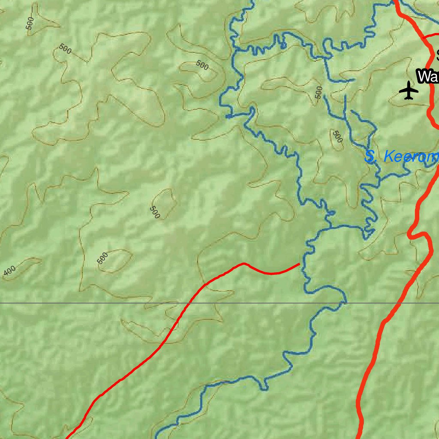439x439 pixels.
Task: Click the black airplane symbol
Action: point(409,90)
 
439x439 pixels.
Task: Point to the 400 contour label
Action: point(9,271)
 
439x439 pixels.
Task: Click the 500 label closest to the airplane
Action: point(318,92)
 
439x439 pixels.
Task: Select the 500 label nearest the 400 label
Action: point(102,258)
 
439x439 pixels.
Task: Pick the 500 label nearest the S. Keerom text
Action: point(338,137)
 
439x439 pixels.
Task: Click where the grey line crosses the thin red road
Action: point(189,303)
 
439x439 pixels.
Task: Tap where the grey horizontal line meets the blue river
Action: point(343,303)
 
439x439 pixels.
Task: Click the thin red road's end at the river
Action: point(299,265)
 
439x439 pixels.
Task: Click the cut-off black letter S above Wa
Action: point(437,55)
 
